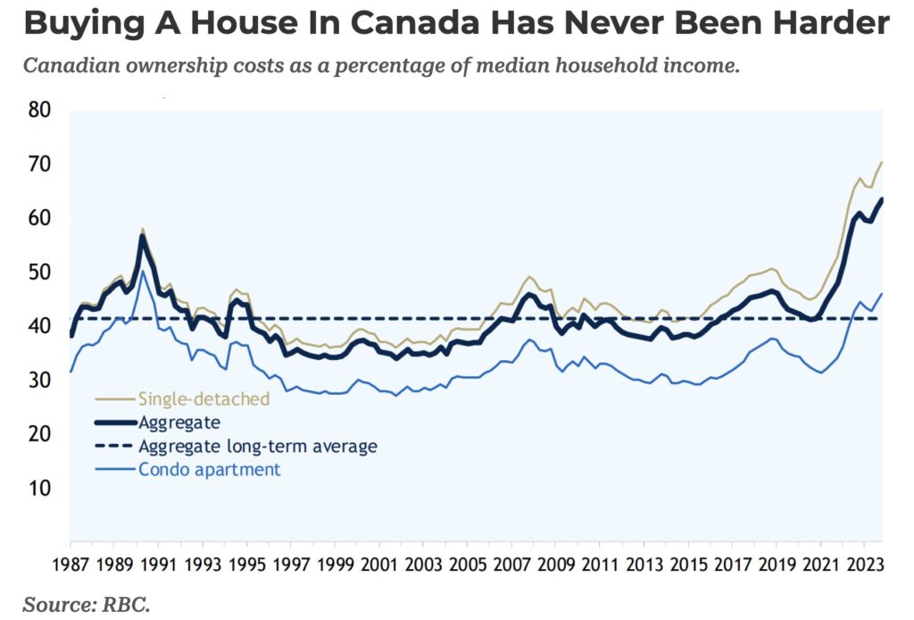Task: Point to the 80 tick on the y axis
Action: tap(39, 111)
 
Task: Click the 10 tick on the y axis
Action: tap(39, 489)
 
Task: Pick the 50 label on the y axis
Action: tap(39, 272)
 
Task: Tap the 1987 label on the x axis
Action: tap(70, 565)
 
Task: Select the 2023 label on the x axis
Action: tap(862, 565)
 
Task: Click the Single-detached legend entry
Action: tap(203, 398)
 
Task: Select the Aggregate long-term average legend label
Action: tap(257, 445)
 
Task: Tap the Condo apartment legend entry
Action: tap(209, 468)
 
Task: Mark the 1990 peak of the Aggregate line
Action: tap(142, 236)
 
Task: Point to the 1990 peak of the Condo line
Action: tap(142, 271)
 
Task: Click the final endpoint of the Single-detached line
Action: tap(882, 162)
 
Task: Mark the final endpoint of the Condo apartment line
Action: tap(882, 293)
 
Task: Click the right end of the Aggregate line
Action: tap(882, 199)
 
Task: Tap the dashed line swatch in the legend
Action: tap(114, 445)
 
